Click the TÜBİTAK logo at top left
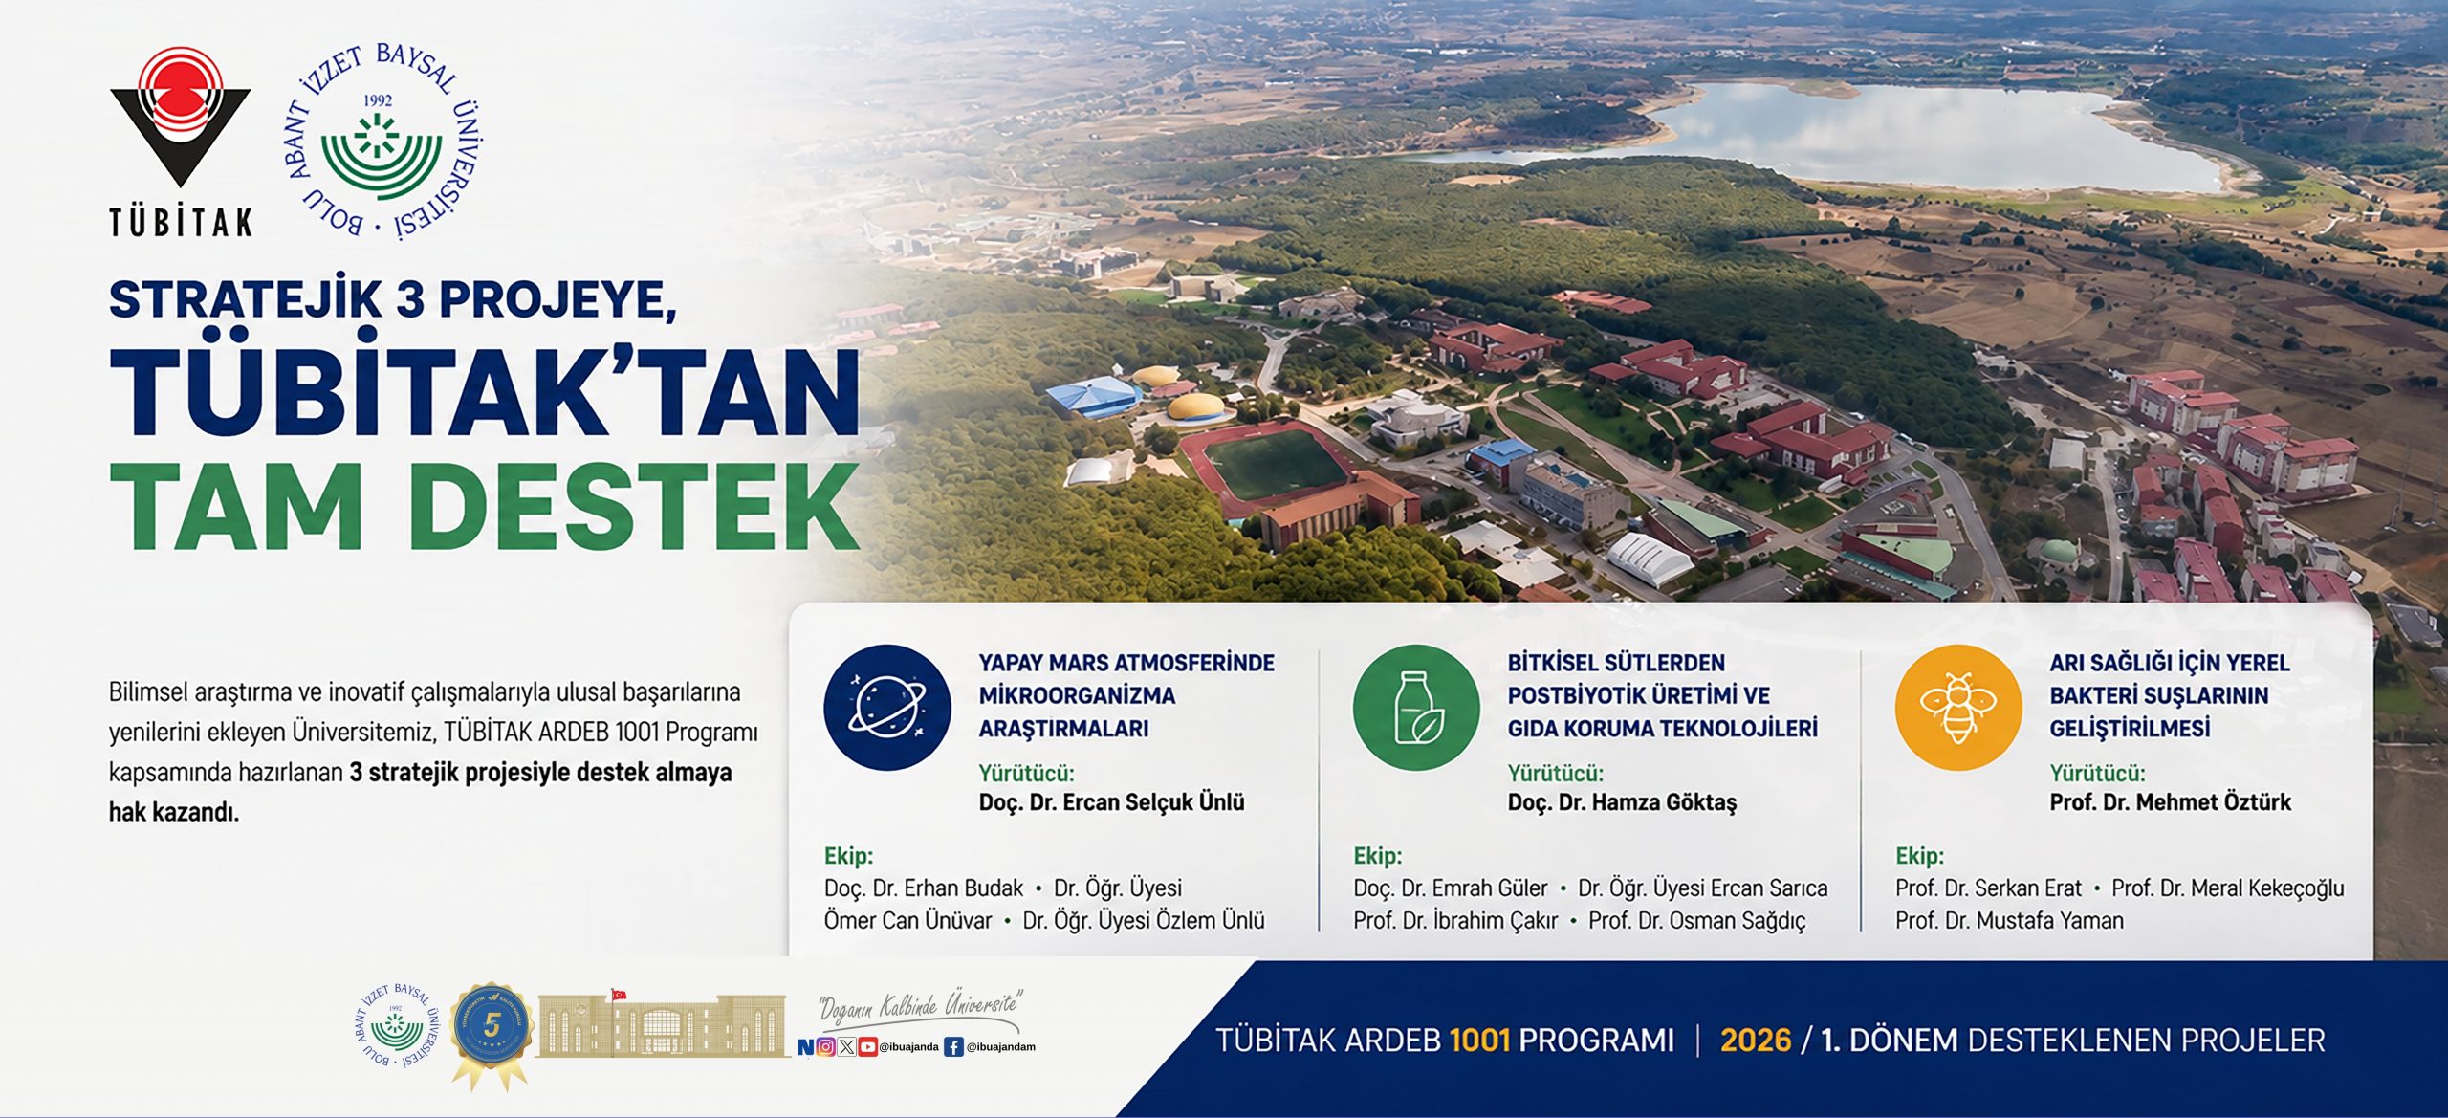point(181,142)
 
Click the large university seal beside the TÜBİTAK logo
point(382,142)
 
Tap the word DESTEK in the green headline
point(639,507)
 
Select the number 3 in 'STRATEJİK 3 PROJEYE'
point(409,300)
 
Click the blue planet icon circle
point(887,708)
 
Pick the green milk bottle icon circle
point(1416,708)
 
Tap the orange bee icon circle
point(1958,708)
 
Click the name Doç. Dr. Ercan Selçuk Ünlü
point(1111,802)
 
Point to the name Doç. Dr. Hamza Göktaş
point(1622,802)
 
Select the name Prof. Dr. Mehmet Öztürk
point(2170,802)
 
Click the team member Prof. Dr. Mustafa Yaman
point(2009,920)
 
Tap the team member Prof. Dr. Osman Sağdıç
point(1697,921)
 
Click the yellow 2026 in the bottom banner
point(1756,1040)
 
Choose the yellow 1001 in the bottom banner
point(1479,1040)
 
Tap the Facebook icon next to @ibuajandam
point(953,1047)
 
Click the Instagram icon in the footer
point(826,1047)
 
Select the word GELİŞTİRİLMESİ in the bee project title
point(2130,729)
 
